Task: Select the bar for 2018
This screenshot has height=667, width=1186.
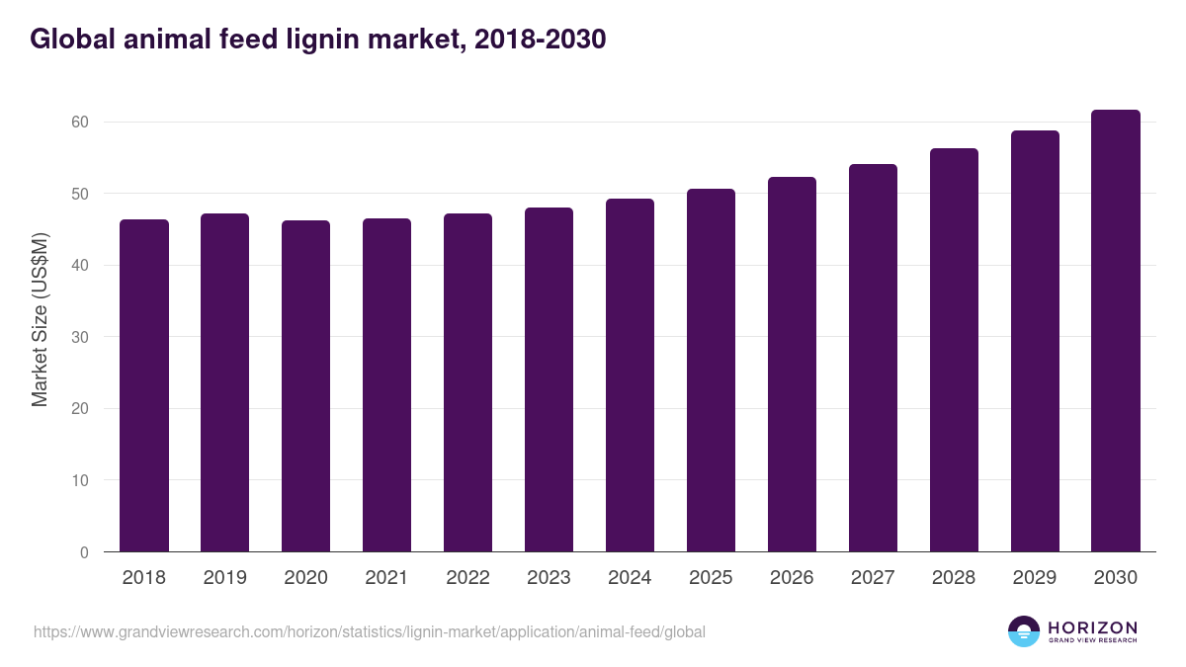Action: [x=144, y=385]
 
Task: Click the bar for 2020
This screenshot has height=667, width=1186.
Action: [x=305, y=386]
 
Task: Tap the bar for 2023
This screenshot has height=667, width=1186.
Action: [x=549, y=379]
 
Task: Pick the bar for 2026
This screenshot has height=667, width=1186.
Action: [x=792, y=365]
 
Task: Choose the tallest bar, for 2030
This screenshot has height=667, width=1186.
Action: [x=1116, y=331]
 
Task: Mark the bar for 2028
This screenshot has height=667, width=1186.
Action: [x=954, y=350]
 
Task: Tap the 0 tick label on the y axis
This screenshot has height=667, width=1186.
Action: [x=84, y=552]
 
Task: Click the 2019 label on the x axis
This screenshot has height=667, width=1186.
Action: [x=225, y=578]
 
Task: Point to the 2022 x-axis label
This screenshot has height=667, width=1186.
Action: [x=467, y=578]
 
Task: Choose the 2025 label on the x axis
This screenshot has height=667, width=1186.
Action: [x=711, y=578]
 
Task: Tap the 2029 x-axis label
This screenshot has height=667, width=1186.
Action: [x=1035, y=578]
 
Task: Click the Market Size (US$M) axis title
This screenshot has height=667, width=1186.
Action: [x=40, y=320]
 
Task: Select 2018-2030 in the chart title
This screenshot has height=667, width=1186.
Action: [x=540, y=40]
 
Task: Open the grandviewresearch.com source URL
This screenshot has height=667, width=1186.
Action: [x=370, y=631]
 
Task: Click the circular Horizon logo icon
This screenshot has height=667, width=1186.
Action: [x=1024, y=631]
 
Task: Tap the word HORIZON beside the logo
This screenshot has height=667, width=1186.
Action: [x=1092, y=627]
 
